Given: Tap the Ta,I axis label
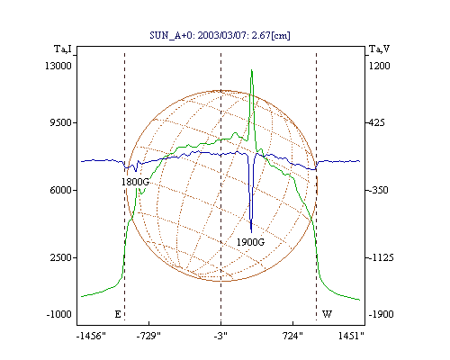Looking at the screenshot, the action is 63,49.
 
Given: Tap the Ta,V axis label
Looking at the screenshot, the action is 379,49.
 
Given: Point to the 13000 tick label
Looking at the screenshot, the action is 58,66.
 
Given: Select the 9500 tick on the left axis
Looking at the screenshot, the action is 60,122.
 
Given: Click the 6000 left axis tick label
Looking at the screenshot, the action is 60,190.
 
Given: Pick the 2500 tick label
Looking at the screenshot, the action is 60,257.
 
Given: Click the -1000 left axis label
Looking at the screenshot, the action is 58,314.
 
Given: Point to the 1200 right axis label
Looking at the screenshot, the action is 379,66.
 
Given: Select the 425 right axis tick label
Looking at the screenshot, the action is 376,122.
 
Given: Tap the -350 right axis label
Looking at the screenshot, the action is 378,190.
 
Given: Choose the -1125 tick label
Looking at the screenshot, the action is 381,257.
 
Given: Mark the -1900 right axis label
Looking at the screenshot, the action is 381,314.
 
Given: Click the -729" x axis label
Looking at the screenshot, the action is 148,336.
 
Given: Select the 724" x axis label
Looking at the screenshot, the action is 292,336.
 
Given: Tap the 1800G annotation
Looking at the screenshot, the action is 135,182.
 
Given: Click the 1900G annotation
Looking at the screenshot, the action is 250,242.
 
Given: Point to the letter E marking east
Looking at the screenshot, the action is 118,314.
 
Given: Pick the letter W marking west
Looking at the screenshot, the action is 327,314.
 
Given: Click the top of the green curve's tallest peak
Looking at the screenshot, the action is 252,70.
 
